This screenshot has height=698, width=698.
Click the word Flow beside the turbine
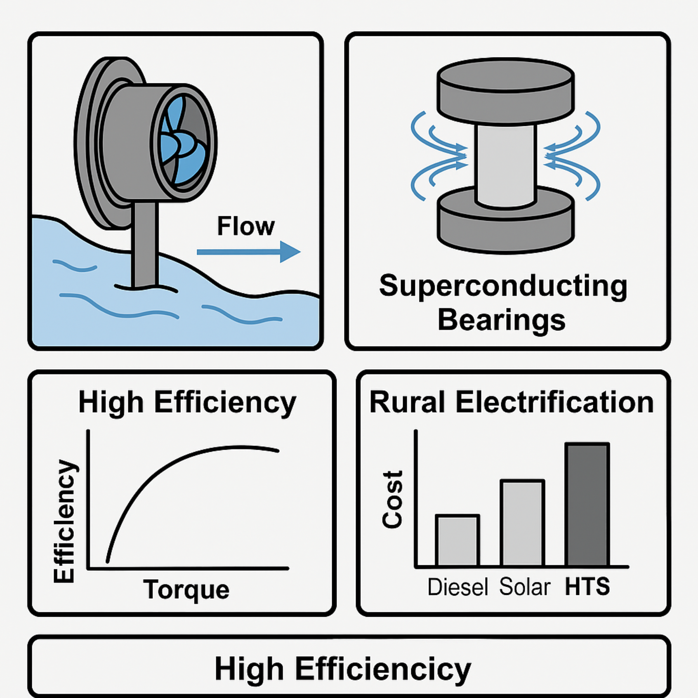246,226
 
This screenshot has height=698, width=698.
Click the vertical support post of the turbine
144,243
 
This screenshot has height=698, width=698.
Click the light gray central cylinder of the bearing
505,165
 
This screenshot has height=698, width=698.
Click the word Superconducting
503,286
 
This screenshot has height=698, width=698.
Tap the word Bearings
501,320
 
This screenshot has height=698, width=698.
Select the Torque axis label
186,589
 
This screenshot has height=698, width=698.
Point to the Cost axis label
392,499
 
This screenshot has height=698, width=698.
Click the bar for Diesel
457,540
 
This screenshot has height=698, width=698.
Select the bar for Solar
522,523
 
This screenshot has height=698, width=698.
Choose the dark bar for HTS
587,504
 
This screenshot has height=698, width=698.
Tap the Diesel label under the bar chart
457,587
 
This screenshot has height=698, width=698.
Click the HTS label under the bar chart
587,586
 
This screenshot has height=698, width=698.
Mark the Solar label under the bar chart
525,587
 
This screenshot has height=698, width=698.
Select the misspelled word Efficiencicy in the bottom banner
383,669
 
